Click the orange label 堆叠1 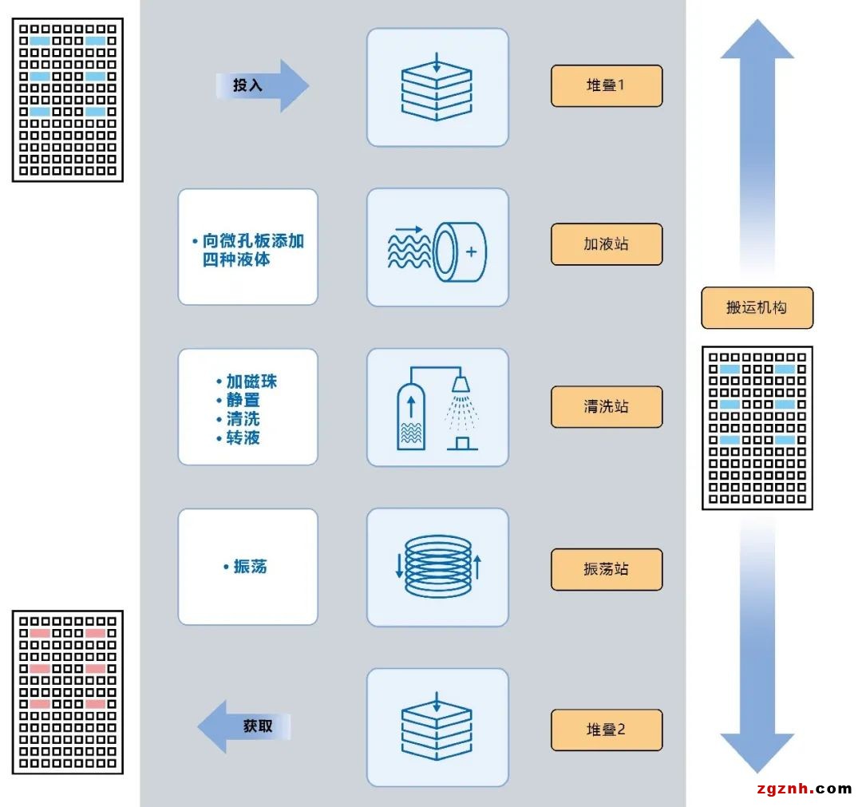click(x=607, y=85)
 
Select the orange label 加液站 click(x=607, y=244)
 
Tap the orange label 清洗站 click(x=607, y=406)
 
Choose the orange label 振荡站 click(x=607, y=569)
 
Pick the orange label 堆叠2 click(x=607, y=730)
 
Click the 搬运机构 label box click(x=757, y=308)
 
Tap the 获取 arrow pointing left click(x=244, y=726)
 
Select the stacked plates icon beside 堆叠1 click(x=437, y=87)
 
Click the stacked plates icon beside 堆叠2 click(x=437, y=727)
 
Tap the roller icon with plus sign click(x=437, y=247)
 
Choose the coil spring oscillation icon click(x=437, y=568)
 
